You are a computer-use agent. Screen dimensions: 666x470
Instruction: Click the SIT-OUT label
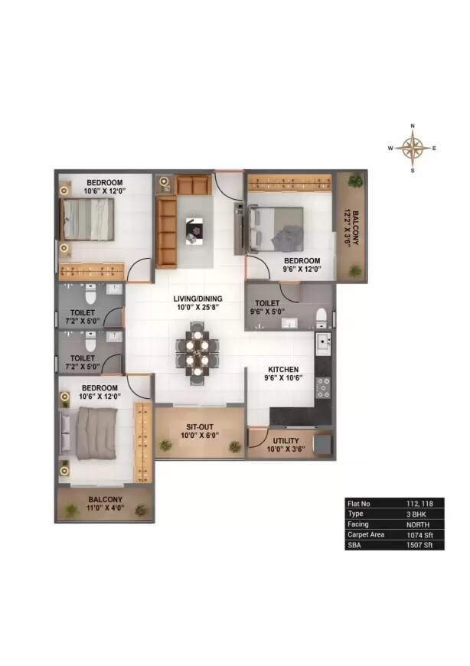pos(199,428)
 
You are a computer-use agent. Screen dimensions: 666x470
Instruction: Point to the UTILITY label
pos(282,440)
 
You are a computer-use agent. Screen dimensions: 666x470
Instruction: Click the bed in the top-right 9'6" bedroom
pos(280,227)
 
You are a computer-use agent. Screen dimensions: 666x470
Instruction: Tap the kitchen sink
pos(323,341)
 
